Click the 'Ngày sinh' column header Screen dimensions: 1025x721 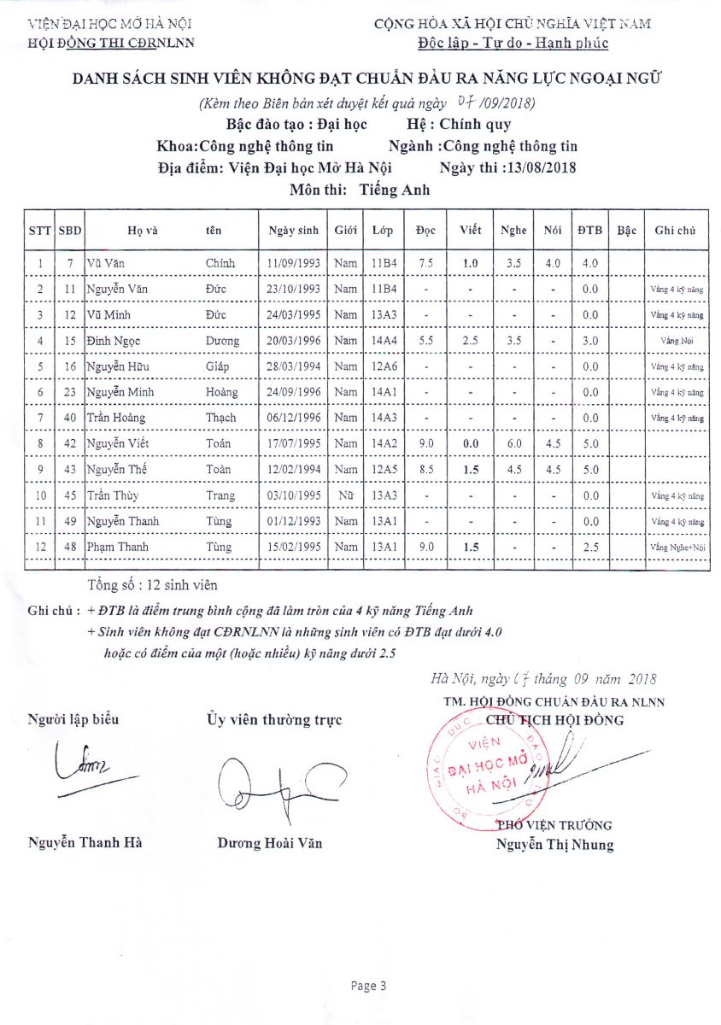pyautogui.click(x=293, y=231)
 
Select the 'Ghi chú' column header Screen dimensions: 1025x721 pyautogui.click(x=676, y=231)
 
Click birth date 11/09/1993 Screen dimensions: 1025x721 pyautogui.click(x=293, y=263)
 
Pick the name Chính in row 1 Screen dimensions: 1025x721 pyautogui.click(x=220, y=263)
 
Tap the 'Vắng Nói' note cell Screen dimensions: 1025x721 pyautogui.click(x=676, y=341)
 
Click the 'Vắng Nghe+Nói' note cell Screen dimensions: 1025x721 pyautogui.click(x=676, y=548)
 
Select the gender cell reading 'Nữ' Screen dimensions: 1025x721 pyautogui.click(x=345, y=495)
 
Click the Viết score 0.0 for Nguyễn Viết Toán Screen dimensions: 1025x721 pyautogui.click(x=470, y=444)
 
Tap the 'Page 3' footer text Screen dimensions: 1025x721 pyautogui.click(x=368, y=986)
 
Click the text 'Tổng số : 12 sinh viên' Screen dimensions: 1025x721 pyautogui.click(x=152, y=585)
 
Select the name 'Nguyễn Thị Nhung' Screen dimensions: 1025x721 pyautogui.click(x=555, y=846)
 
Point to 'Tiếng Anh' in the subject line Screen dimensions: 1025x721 pyautogui.click(x=395, y=190)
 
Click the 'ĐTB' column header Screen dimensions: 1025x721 pyautogui.click(x=589, y=231)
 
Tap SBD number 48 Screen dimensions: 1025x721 pyautogui.click(x=70, y=548)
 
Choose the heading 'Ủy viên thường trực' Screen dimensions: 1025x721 pyautogui.click(x=274, y=720)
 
